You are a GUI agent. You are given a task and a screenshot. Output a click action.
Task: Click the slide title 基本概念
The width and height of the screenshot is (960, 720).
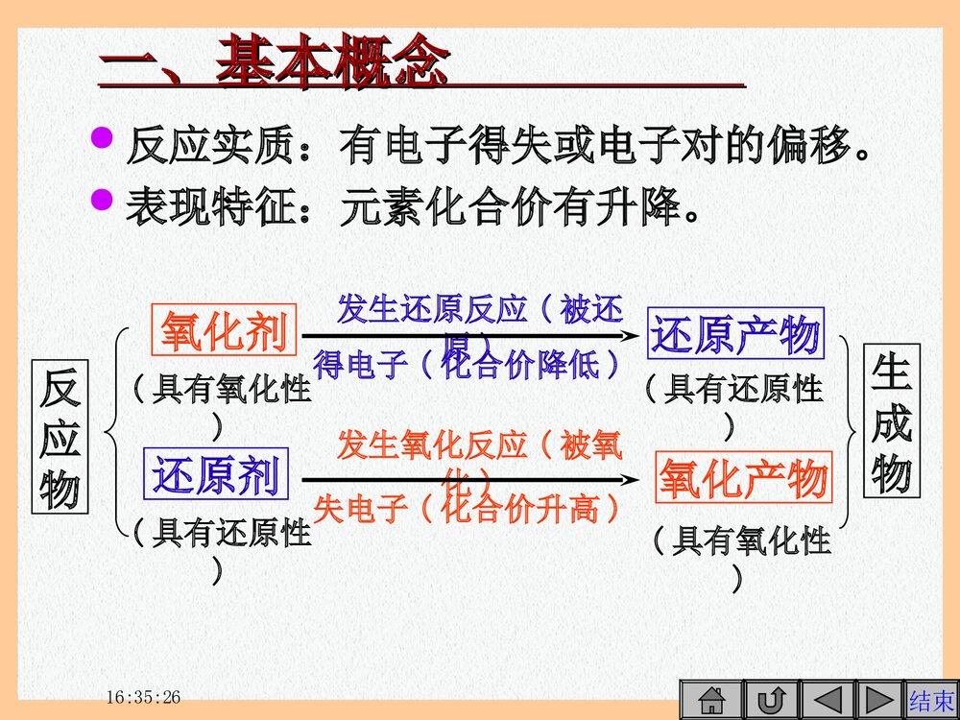[x=332, y=63]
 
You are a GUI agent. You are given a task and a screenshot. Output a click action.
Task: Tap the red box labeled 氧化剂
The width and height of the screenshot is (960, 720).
[x=224, y=332]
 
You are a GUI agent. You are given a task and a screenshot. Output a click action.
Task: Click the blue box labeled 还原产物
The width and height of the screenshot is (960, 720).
[x=735, y=334]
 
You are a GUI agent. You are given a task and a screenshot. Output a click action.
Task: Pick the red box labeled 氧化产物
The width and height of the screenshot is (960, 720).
[x=742, y=478]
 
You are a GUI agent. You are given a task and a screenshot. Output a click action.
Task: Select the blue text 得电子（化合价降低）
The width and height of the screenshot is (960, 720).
[x=468, y=366]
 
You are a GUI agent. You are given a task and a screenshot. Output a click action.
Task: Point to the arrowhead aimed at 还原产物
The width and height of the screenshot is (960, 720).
[x=629, y=335]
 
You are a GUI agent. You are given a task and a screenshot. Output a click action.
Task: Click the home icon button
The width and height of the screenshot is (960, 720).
[x=711, y=699]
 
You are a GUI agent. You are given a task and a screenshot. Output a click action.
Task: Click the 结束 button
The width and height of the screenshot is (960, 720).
[x=932, y=699]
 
